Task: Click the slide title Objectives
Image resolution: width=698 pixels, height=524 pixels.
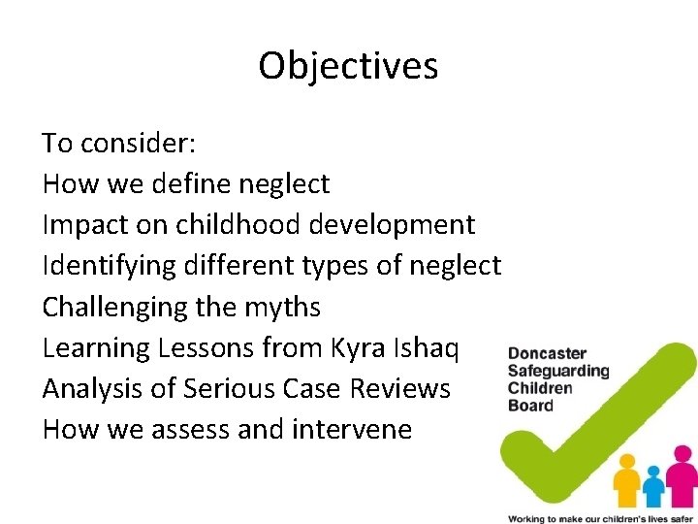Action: pyautogui.click(x=348, y=66)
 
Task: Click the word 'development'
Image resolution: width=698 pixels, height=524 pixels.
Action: pyautogui.click(x=393, y=225)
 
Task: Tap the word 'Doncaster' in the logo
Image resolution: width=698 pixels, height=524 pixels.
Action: pyautogui.click(x=548, y=353)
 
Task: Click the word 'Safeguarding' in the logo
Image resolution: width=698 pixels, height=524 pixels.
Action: pyautogui.click(x=559, y=371)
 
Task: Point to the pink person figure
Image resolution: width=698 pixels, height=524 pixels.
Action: pyautogui.click(x=684, y=474)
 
